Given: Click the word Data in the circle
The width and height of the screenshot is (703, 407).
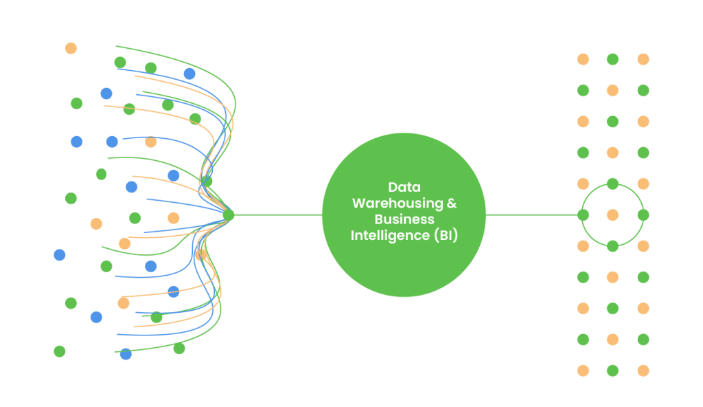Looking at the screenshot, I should point(404,187).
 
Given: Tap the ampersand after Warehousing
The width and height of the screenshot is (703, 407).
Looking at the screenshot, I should point(451,203).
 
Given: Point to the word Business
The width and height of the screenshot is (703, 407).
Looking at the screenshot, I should point(404,219).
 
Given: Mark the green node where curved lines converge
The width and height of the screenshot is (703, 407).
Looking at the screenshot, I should point(229,215).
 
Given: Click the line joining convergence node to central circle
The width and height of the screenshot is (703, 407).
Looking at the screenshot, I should point(275,215).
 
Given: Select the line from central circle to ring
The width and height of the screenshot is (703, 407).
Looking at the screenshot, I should point(532,215).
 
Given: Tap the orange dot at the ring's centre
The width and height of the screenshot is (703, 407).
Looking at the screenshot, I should point(612,215).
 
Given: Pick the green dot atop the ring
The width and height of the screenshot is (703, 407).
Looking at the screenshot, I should point(612,184).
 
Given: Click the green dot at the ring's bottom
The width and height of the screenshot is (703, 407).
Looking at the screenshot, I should point(612,246).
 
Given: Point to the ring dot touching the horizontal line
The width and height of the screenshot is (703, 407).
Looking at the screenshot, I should point(583,215).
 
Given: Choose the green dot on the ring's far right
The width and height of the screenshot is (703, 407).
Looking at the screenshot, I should point(643,215).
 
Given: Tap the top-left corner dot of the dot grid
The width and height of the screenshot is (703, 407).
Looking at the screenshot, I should point(583,59).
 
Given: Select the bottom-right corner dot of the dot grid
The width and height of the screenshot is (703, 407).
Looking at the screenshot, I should point(643,371).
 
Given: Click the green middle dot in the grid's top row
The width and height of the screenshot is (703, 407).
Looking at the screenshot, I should point(612,59).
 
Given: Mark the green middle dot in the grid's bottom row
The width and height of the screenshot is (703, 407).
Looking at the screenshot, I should point(612,371).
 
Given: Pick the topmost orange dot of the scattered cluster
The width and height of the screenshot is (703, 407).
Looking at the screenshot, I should point(71,48).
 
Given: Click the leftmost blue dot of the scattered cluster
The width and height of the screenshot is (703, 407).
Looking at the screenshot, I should point(60,254).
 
